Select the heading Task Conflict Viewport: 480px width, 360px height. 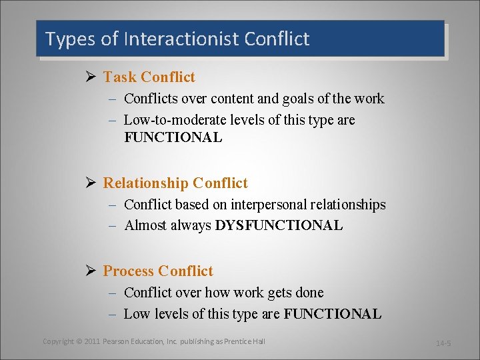coord(149,77)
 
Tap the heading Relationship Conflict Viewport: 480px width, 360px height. coord(175,183)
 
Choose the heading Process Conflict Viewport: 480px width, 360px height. coord(158,271)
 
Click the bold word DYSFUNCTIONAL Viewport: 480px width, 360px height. coord(279,225)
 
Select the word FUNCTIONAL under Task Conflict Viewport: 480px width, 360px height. coord(173,138)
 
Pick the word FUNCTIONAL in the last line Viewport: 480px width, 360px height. coord(333,314)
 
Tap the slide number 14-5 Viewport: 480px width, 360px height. coord(443,343)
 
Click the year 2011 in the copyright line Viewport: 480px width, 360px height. coord(92,341)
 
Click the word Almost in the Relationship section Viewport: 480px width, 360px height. coord(145,225)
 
